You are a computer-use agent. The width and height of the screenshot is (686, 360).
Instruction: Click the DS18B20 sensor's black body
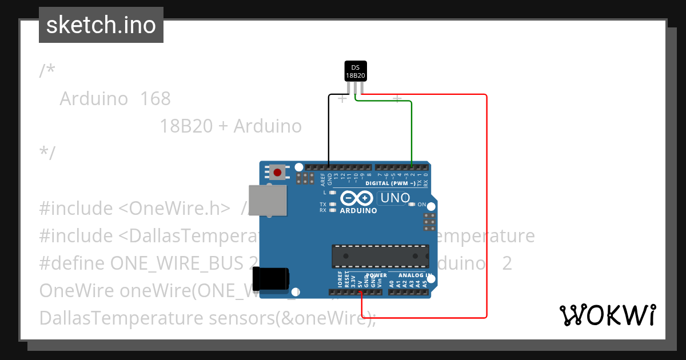click(x=355, y=71)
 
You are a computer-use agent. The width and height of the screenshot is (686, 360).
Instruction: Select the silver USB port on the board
click(x=268, y=201)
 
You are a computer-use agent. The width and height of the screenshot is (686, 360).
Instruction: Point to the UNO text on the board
click(x=394, y=198)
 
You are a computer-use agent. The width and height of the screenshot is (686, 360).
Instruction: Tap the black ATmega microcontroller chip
click(x=380, y=256)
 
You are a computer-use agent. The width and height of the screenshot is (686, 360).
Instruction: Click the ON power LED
click(x=411, y=205)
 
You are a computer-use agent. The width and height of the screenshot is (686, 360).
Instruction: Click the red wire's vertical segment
click(x=486, y=206)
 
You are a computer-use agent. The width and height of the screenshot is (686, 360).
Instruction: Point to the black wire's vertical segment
click(x=329, y=129)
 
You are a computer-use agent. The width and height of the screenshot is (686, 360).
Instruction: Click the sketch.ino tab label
click(x=101, y=25)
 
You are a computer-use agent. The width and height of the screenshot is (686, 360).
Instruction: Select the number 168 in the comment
click(x=155, y=98)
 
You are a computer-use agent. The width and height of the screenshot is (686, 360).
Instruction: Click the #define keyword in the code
click(x=72, y=263)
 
